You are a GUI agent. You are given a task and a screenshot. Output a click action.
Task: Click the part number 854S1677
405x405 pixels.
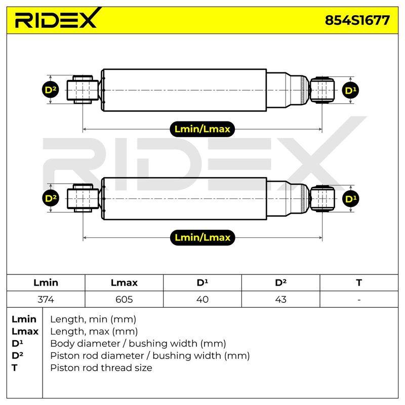[357, 20]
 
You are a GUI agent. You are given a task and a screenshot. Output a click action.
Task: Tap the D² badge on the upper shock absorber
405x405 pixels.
[51, 90]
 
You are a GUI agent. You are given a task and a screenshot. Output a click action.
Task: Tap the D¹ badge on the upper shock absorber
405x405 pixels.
[350, 91]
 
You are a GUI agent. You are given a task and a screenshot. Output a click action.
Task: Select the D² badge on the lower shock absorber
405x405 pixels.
[51, 198]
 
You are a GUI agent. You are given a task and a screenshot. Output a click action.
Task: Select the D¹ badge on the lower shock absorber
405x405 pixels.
[350, 199]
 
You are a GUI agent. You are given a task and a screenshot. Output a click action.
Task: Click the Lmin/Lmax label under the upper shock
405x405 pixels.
[202, 129]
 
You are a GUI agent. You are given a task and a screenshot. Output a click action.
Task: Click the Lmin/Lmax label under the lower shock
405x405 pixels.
[202, 237]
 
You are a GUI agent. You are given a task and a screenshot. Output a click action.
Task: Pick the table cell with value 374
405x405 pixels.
[46, 299]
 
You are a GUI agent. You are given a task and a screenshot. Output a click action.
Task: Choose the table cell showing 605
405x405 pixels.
[124, 299]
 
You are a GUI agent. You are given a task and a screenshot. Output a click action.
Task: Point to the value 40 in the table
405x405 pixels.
[202, 299]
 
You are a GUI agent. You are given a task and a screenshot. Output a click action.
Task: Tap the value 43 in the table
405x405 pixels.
[280, 299]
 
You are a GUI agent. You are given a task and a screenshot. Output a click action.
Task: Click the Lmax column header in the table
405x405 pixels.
[124, 282]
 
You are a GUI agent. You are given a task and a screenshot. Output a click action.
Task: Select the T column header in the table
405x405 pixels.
[359, 282]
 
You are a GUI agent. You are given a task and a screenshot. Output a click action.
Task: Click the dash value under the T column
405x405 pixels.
[359, 300]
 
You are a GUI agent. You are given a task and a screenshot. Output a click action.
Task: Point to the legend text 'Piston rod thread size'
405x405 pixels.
[101, 368]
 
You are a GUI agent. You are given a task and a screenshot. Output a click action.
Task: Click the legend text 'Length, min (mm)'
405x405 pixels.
[93, 319]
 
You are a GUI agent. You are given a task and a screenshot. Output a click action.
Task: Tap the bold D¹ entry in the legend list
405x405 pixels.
[17, 343]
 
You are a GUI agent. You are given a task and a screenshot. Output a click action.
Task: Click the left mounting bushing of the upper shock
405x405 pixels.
[83, 90]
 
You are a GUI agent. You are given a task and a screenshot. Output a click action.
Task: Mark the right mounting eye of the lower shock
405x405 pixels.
[322, 198]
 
